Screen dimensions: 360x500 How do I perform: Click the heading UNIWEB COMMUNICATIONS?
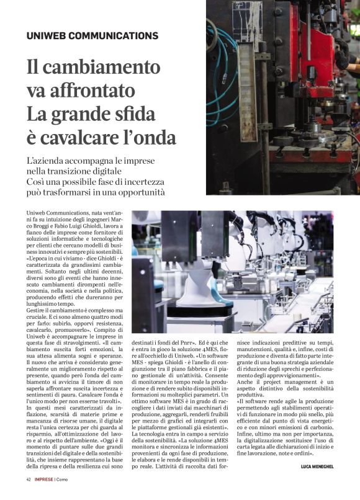tap(92, 36)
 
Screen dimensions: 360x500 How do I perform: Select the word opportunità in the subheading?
tap(139, 192)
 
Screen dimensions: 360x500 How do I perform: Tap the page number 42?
tap(29, 480)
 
